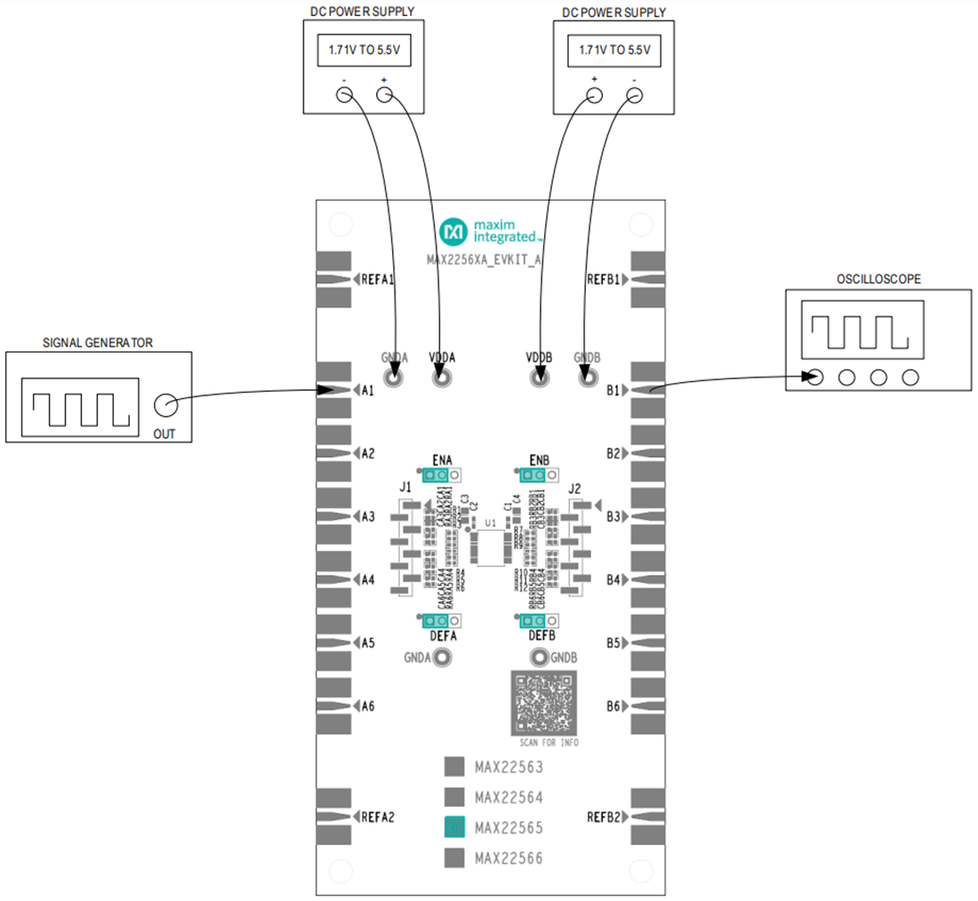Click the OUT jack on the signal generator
click(x=164, y=406)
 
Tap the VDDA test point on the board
click(x=441, y=379)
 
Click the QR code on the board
click(x=544, y=703)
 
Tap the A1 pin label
click(x=367, y=390)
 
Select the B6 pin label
click(x=613, y=706)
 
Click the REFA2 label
click(x=378, y=817)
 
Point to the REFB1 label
click(x=606, y=279)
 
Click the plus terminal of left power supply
click(x=384, y=96)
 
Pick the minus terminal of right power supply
click(x=635, y=96)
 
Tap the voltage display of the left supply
click(x=364, y=52)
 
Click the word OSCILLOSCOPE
click(x=878, y=279)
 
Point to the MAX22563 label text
click(x=509, y=767)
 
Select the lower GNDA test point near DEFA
click(x=441, y=658)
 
